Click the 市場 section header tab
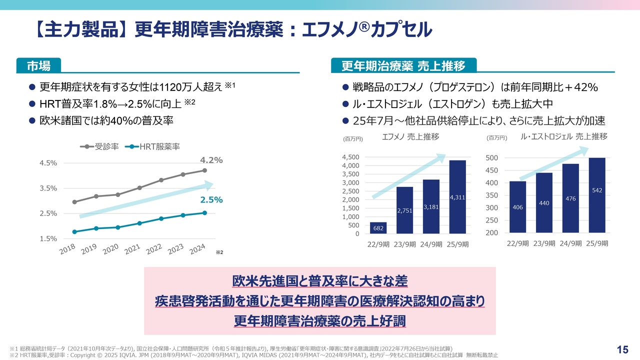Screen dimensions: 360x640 (38, 65)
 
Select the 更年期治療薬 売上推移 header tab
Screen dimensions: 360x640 (403, 65)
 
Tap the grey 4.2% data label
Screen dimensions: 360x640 (211, 160)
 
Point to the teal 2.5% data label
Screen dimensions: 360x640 (211, 199)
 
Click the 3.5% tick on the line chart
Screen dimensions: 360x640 (48, 188)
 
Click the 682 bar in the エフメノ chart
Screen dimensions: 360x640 (378, 228)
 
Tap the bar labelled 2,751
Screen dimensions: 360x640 (404, 210)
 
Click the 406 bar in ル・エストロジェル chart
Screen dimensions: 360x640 (517, 207)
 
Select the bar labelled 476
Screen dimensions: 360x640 (570, 198)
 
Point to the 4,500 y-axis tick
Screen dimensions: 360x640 (350, 157)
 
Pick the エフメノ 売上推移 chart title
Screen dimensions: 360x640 (410, 136)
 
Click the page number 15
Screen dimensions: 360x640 (622, 349)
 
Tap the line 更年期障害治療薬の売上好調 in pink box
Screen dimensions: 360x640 (320, 321)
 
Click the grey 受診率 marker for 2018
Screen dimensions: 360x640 (74, 202)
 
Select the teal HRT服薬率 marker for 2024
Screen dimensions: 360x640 (204, 212)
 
